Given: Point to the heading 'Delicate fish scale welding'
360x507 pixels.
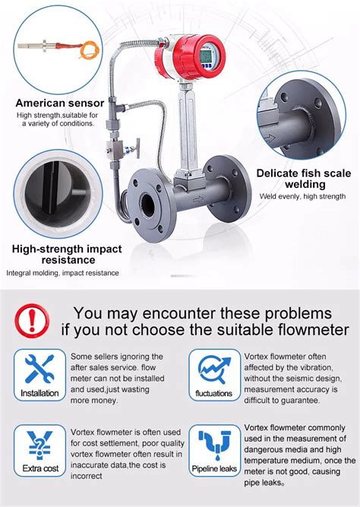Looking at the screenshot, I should [304, 178].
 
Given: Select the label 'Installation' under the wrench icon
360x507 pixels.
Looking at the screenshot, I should [39, 393].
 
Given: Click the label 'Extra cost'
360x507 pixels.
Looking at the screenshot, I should [39, 469].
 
